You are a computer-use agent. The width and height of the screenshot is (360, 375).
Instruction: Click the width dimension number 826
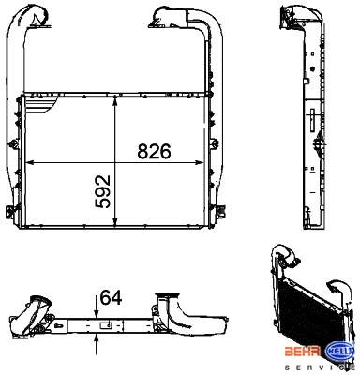click(155, 152)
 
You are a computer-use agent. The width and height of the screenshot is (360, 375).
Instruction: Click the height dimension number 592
click(103, 191)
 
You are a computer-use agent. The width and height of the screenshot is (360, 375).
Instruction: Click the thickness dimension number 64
click(111, 297)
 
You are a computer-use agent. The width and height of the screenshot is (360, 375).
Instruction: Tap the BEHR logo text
click(302, 352)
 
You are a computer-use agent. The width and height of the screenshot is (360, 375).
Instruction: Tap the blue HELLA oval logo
click(339, 351)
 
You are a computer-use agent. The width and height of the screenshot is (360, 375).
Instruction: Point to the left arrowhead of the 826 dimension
click(30, 162)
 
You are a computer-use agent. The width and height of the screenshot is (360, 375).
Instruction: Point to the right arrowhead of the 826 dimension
click(199, 162)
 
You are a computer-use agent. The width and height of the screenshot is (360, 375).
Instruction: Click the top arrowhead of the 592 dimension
click(115, 100)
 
